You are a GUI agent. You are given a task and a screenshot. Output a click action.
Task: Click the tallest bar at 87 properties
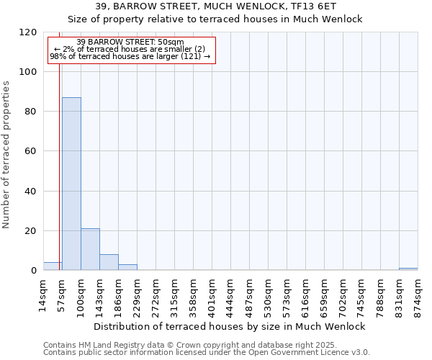(71, 184)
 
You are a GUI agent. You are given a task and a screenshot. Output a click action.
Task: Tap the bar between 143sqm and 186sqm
(109, 262)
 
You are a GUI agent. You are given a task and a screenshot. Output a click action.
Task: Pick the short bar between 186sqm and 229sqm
(127, 267)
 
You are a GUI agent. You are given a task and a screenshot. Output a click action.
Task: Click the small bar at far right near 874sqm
(408, 269)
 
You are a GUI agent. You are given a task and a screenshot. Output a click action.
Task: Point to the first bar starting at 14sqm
(53, 266)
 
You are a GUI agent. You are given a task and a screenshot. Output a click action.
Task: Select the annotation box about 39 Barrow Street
(132, 49)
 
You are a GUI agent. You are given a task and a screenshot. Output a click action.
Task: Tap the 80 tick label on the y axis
(31, 112)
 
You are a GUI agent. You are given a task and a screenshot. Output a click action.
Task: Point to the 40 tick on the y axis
(31, 191)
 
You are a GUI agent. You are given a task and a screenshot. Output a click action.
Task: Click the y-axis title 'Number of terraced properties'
(6, 154)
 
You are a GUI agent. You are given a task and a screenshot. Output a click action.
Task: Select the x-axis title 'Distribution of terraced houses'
(230, 326)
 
